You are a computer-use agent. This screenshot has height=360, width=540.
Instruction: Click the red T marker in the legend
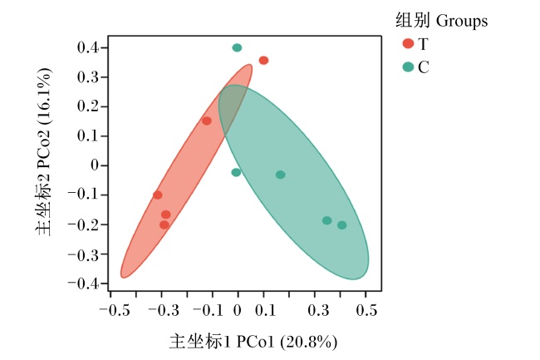408,43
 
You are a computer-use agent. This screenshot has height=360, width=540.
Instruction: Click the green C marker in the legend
408,67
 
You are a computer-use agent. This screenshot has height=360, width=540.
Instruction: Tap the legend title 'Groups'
462,22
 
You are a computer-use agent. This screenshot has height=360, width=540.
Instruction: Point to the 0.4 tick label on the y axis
88,47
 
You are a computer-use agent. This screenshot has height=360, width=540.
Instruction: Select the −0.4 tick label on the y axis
83,284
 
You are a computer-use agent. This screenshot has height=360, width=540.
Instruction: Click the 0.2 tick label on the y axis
88,106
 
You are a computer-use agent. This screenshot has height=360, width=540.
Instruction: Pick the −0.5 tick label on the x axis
115,310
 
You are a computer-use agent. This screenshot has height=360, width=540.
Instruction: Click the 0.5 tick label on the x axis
366,310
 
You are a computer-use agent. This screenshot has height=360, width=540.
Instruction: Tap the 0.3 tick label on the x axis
318,310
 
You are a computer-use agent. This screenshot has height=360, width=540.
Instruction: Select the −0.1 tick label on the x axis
208,310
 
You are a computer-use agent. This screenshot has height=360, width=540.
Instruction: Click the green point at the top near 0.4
237,47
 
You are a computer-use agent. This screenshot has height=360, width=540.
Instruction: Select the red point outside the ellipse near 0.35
264,61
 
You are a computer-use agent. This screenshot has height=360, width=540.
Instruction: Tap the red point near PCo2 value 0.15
207,121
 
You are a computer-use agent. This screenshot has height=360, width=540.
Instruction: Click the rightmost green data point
342,225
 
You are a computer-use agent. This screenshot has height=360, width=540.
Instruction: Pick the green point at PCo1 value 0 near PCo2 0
236,172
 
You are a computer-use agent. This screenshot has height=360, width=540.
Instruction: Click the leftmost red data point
158,195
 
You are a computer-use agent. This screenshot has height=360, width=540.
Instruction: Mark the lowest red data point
164,225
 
